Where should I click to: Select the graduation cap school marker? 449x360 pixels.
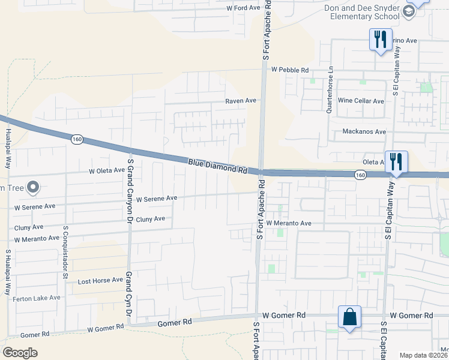click(409, 11)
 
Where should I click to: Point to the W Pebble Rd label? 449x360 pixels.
click(289, 70)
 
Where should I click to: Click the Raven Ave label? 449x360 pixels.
click(241, 101)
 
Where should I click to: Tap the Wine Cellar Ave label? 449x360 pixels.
click(361, 101)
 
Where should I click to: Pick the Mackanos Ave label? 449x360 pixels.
click(364, 131)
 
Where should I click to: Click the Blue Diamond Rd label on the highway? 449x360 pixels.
click(217, 166)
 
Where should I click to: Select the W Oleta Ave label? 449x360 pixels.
click(107, 170)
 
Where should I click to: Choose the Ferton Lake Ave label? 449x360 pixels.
click(38, 297)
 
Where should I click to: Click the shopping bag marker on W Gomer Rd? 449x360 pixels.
click(349, 317)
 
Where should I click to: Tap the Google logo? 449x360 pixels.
click(20, 353)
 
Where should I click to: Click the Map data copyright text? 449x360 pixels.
click(424, 355)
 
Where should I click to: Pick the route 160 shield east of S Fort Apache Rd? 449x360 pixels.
click(360, 175)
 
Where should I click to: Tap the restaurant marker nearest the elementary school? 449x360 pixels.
click(380, 40)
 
